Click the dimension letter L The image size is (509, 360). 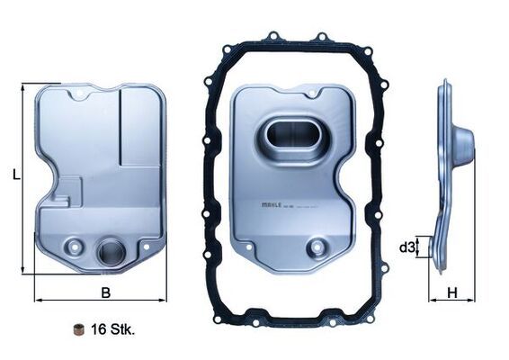pos(15,176)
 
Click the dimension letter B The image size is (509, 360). pos(105,293)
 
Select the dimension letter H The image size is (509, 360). pos(452,292)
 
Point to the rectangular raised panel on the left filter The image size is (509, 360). pos(141,126)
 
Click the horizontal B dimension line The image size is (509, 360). pos(100,300)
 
